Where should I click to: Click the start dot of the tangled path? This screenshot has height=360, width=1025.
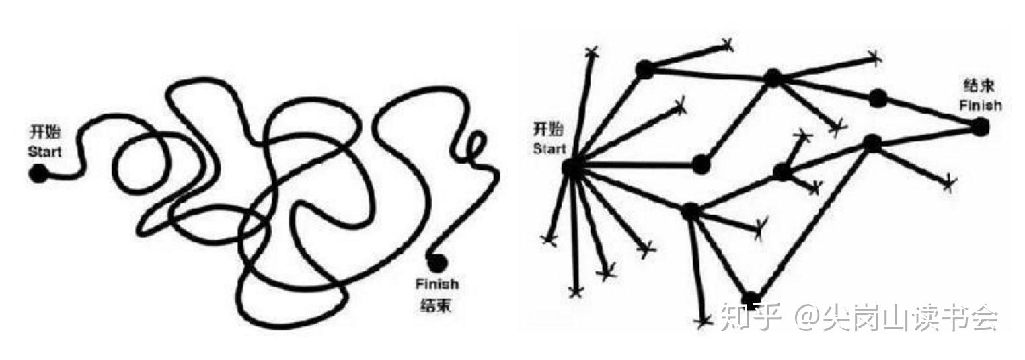pos(38,174)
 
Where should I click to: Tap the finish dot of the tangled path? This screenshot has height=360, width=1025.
pos(438,261)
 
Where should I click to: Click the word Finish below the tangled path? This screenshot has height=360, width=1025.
pos(436,285)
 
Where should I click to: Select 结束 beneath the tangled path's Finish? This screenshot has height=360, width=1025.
pos(436,305)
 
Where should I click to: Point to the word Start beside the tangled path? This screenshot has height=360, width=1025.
pos(44,151)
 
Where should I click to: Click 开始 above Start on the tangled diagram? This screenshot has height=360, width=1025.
pos(45,132)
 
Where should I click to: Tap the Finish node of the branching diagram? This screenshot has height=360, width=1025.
pos(980,126)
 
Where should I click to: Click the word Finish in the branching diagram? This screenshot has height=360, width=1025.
pos(980,105)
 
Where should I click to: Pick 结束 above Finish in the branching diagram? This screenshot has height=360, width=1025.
pos(979,86)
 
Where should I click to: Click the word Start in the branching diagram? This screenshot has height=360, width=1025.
pos(549,149)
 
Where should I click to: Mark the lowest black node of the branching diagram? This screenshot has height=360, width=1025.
pos(751,299)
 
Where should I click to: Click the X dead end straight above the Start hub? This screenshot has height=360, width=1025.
pos(592,52)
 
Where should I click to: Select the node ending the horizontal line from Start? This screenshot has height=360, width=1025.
pos(700,163)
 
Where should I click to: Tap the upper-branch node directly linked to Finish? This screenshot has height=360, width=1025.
pos(877,98)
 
